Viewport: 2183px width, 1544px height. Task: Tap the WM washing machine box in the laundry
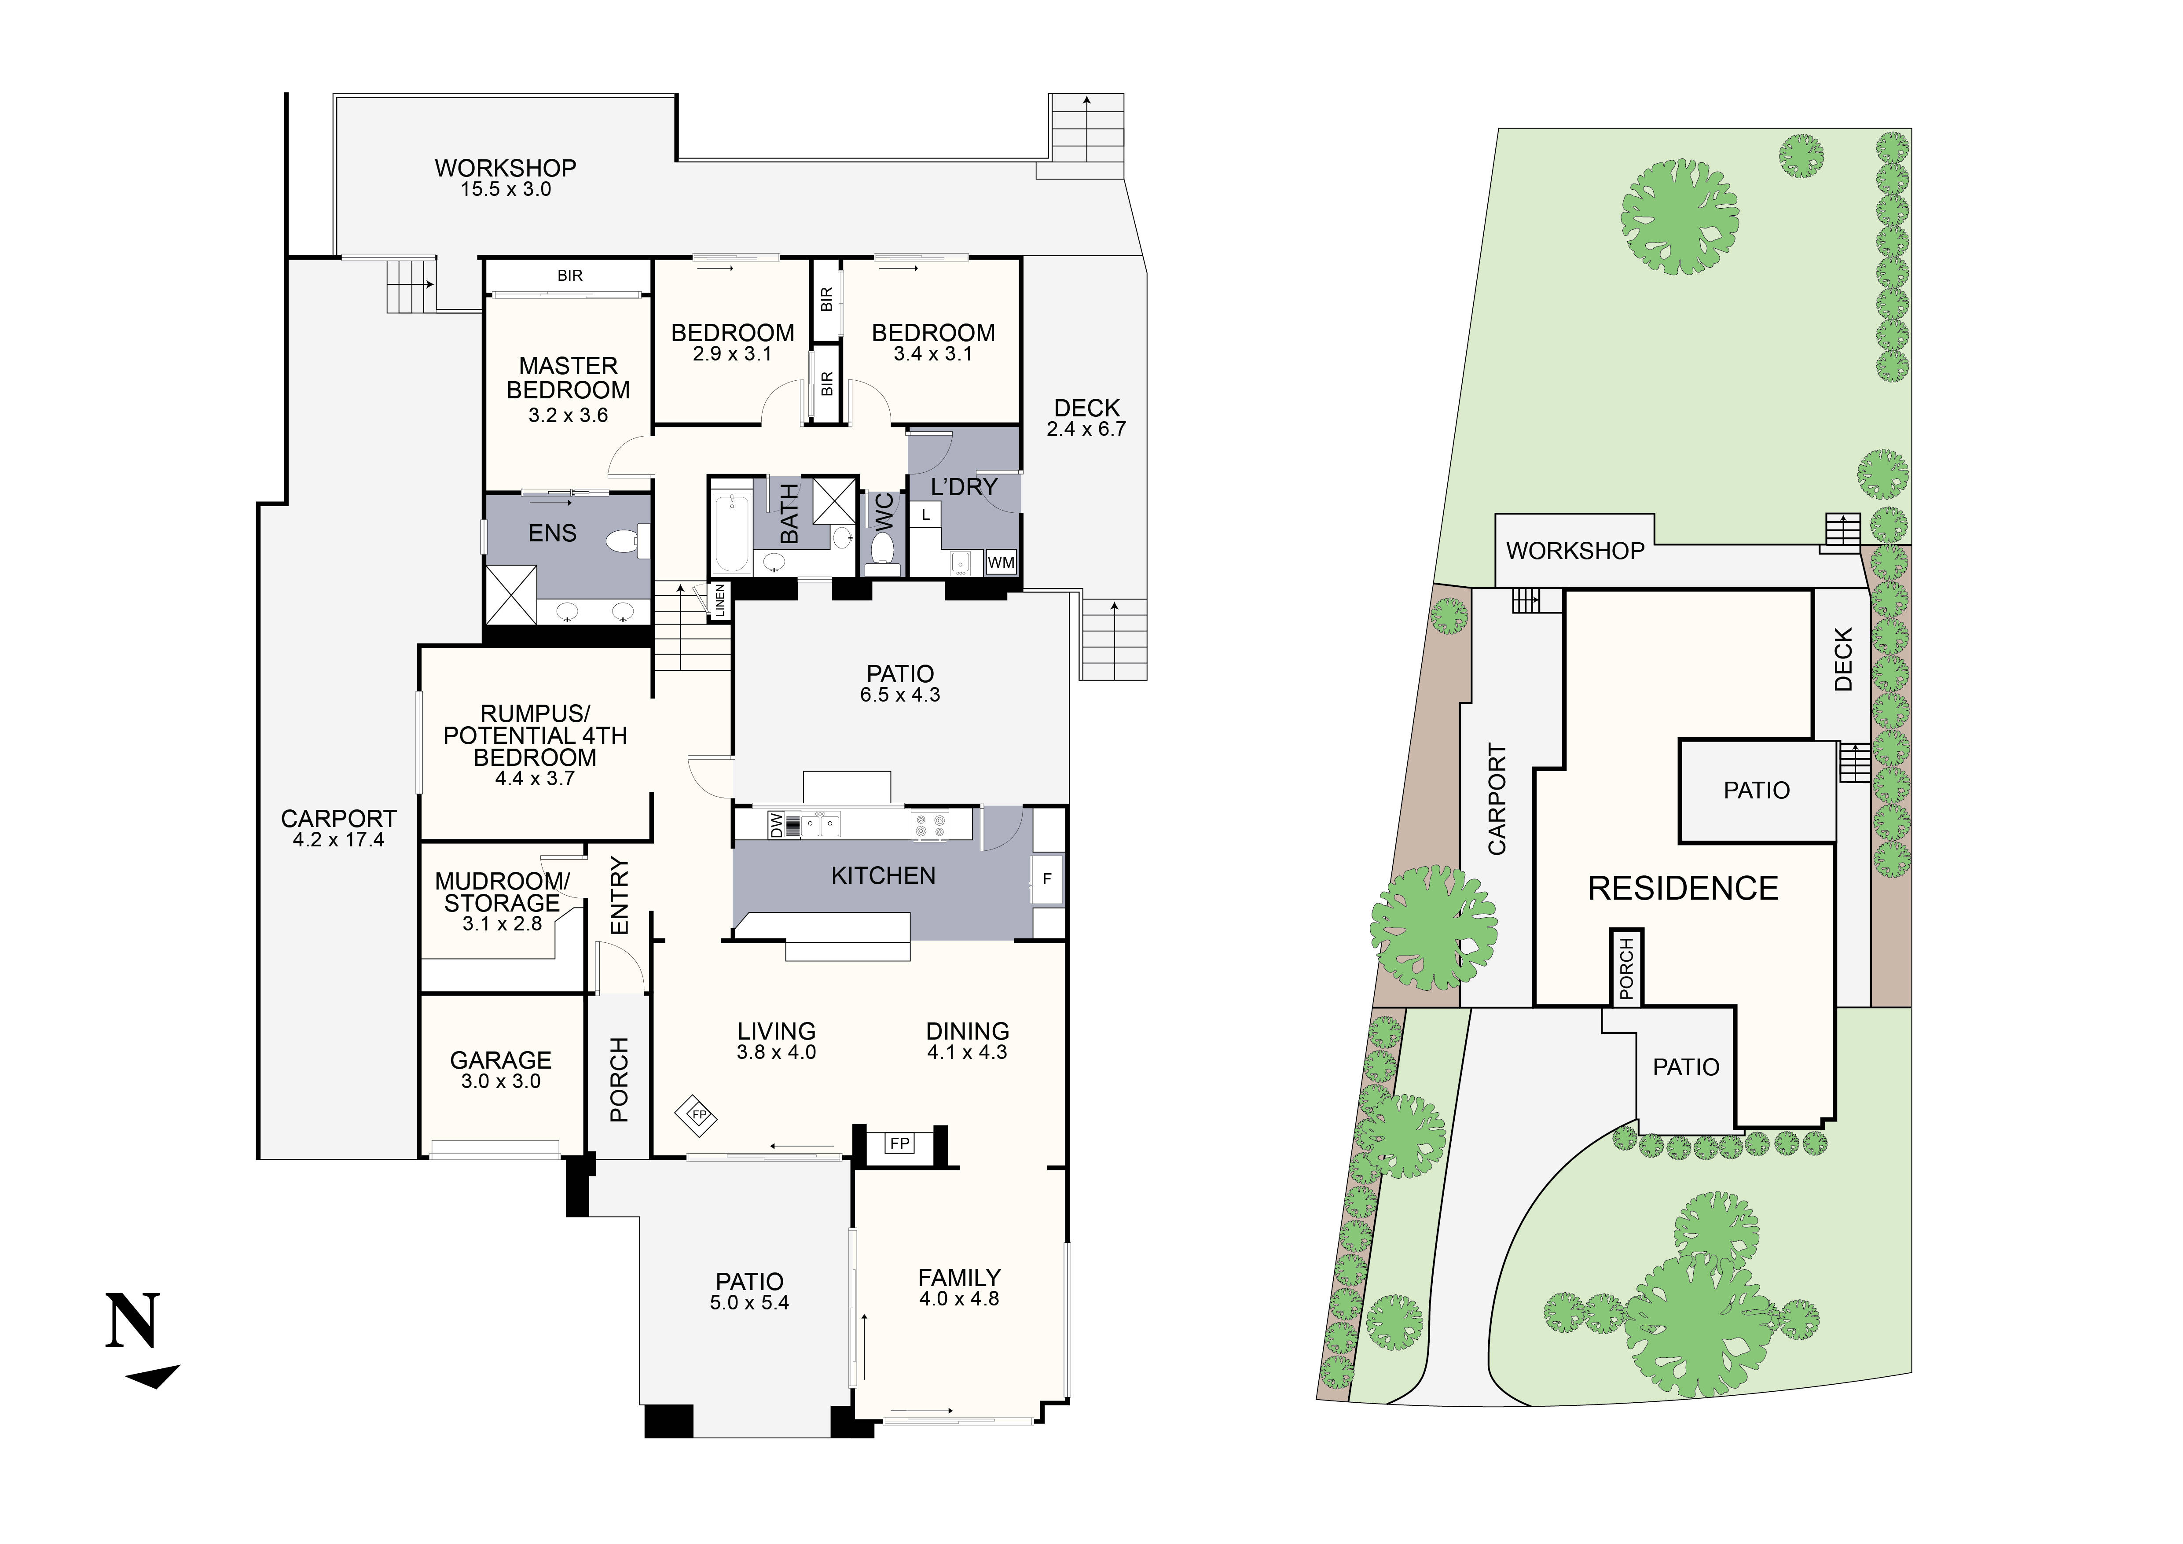(x=1000, y=563)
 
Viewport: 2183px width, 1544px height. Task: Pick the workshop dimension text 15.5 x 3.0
(x=506, y=189)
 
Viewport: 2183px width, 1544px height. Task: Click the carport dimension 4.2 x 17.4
(x=338, y=841)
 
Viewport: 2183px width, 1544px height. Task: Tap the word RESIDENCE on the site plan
(x=1683, y=889)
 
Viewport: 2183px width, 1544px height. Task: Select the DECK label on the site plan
(x=1842, y=659)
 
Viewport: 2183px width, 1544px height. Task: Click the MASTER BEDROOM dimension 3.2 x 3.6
(x=568, y=415)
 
